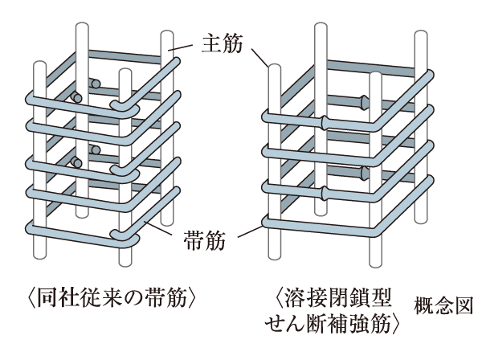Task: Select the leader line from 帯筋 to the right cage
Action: pos(248,231)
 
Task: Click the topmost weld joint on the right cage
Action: pos(363,102)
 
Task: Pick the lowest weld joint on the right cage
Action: pos(323,192)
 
